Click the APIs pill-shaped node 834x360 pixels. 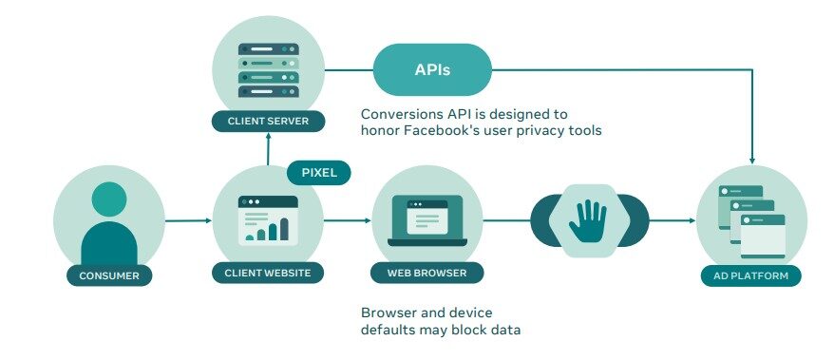coord(432,69)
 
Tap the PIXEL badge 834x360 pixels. coord(318,173)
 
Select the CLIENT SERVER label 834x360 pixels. coord(268,121)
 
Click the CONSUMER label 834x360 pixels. coord(109,275)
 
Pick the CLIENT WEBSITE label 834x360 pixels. coord(268,273)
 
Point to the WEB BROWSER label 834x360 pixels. coord(427,273)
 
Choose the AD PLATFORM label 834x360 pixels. coord(751,275)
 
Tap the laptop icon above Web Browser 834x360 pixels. coord(427,220)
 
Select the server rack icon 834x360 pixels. coord(268,70)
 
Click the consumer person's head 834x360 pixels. coord(109,199)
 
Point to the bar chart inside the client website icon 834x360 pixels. coord(267,229)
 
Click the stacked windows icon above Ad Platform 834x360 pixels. coord(751,221)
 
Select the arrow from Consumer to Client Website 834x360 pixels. coord(188,220)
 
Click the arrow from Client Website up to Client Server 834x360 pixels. coord(268,149)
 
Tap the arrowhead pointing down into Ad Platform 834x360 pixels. coord(751,160)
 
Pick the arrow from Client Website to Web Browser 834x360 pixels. coord(348,220)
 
